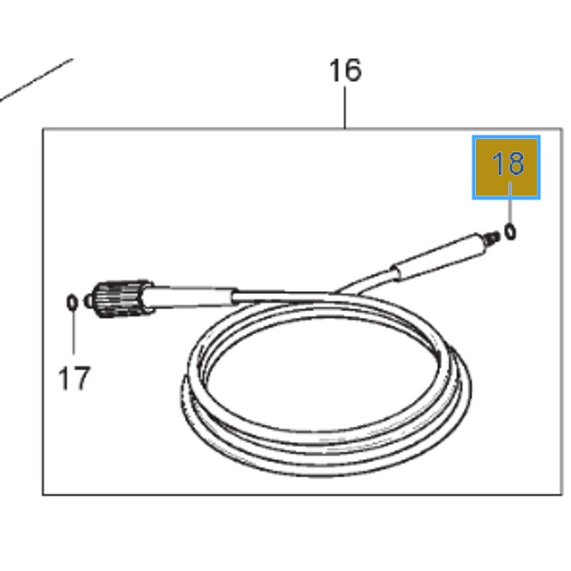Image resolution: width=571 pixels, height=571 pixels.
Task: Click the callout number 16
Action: pyautogui.click(x=345, y=70)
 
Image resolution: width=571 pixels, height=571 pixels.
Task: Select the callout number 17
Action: pyautogui.click(x=74, y=378)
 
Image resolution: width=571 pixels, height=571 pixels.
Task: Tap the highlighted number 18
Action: pyautogui.click(x=508, y=163)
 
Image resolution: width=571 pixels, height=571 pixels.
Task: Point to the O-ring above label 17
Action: pyautogui.click(x=72, y=303)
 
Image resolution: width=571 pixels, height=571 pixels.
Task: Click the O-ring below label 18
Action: pyautogui.click(x=510, y=231)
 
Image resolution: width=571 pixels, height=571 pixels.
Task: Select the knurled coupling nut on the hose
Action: pyautogui.click(x=119, y=299)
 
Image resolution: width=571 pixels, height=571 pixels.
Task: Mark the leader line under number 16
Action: pyautogui.click(x=345, y=107)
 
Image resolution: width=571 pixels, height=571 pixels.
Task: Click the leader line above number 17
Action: pyautogui.click(x=74, y=332)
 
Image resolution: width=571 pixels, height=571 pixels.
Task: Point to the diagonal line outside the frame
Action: pyautogui.click(x=36, y=80)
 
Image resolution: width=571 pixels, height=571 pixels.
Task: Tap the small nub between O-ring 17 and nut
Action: pyautogui.click(x=87, y=301)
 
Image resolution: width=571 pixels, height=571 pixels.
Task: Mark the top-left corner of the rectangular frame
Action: pyautogui.click(x=43, y=128)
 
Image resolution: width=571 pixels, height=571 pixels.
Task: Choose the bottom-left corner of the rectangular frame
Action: pyautogui.click(x=43, y=495)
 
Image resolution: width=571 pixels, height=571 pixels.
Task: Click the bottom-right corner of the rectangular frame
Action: pyautogui.click(x=562, y=495)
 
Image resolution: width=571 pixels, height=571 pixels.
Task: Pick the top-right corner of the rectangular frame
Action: pyautogui.click(x=562, y=128)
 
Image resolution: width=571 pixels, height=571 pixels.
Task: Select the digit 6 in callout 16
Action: pyautogui.click(x=353, y=70)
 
